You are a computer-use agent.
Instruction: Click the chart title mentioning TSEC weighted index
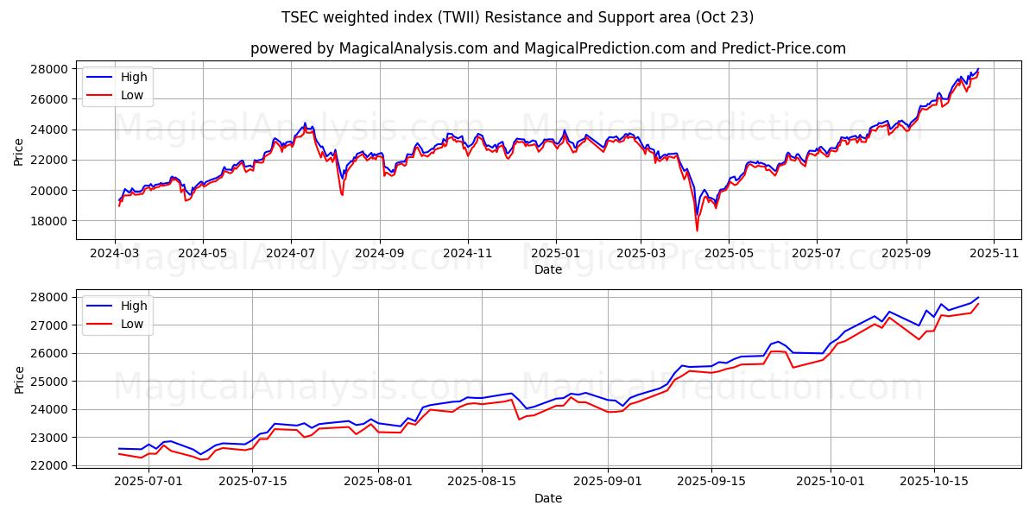517,17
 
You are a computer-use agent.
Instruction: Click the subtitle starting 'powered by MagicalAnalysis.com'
547,48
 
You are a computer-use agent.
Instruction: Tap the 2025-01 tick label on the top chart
555,254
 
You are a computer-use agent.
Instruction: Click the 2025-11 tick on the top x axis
994,254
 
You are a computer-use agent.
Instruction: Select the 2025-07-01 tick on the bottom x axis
148,482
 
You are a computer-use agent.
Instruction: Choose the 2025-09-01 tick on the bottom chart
608,482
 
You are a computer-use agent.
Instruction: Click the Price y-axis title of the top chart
19,151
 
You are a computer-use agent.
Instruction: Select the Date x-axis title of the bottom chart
547,498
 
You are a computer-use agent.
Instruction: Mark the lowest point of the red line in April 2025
697,231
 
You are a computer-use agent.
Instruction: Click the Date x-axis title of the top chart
547,269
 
